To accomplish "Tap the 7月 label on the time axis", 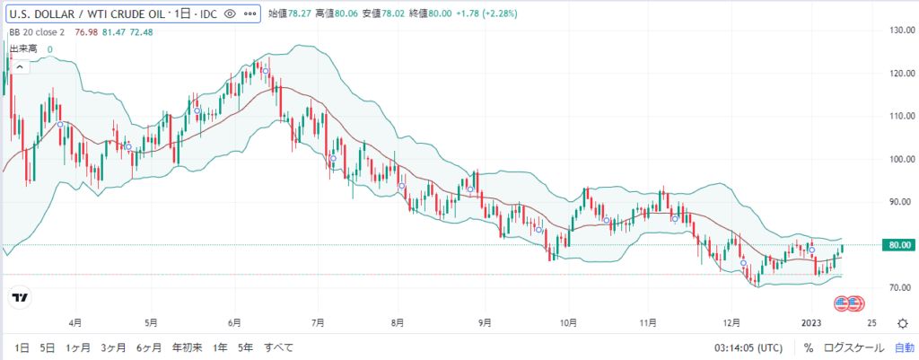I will [x=317, y=320].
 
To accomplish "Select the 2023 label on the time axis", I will [x=811, y=320].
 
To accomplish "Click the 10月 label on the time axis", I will [x=567, y=320].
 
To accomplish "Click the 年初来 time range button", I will [x=188, y=347].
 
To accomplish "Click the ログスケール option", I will [x=853, y=347].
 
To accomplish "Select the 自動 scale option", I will [x=904, y=347].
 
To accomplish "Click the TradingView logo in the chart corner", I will [x=19, y=297].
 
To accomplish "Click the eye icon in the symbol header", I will [x=229, y=14].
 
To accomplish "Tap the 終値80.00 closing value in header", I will [x=415, y=14].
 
